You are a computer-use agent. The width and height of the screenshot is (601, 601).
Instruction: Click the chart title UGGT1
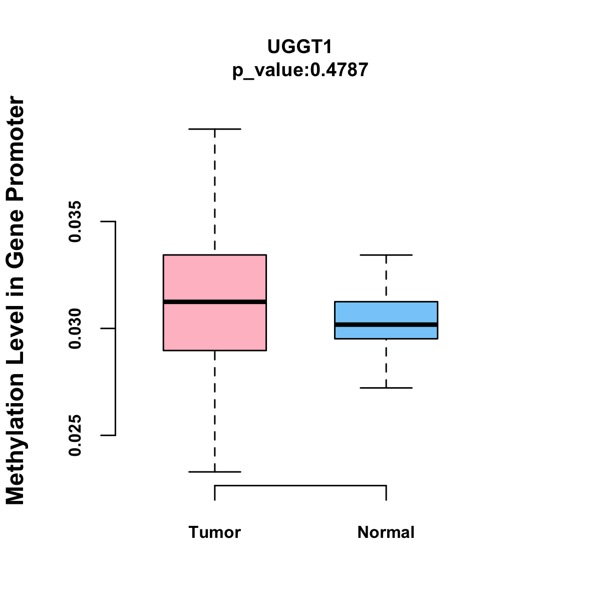(x=299, y=47)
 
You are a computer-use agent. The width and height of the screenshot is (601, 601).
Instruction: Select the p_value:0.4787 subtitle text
(x=300, y=70)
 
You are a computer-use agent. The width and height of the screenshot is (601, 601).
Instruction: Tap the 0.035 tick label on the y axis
(x=75, y=221)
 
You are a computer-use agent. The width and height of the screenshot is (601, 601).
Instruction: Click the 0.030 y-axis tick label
(x=75, y=329)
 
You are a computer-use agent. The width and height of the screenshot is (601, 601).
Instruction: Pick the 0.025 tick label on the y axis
(x=75, y=435)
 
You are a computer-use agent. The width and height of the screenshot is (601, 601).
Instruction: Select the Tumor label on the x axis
(x=214, y=532)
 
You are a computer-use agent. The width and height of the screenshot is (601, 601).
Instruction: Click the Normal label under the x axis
(x=386, y=532)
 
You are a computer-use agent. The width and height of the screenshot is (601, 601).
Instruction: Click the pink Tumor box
(x=215, y=303)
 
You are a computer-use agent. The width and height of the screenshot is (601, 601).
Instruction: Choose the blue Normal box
(x=386, y=321)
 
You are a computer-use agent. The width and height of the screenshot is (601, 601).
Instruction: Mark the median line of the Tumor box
(x=215, y=302)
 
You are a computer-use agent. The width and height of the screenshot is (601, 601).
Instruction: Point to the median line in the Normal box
(x=386, y=325)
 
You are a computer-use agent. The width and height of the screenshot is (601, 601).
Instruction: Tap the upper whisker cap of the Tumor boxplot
(x=215, y=129)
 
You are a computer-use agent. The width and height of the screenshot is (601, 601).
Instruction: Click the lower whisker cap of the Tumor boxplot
(x=215, y=472)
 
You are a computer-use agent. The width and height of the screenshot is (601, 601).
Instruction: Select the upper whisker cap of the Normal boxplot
(x=386, y=255)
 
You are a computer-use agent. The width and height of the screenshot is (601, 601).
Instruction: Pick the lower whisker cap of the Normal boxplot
(x=386, y=388)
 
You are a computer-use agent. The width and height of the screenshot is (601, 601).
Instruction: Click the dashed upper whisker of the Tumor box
(x=215, y=192)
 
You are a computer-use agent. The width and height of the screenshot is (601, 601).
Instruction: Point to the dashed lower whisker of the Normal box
(x=386, y=363)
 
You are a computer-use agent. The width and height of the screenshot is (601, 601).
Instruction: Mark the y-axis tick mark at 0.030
(x=108, y=329)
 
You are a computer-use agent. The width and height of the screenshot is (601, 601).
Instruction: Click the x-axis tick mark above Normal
(x=386, y=493)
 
